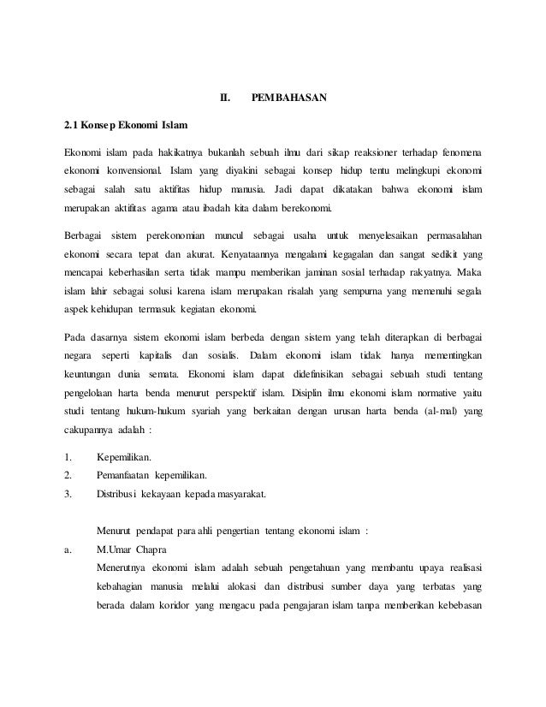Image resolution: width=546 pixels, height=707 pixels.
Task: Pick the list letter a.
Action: click(x=68, y=550)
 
